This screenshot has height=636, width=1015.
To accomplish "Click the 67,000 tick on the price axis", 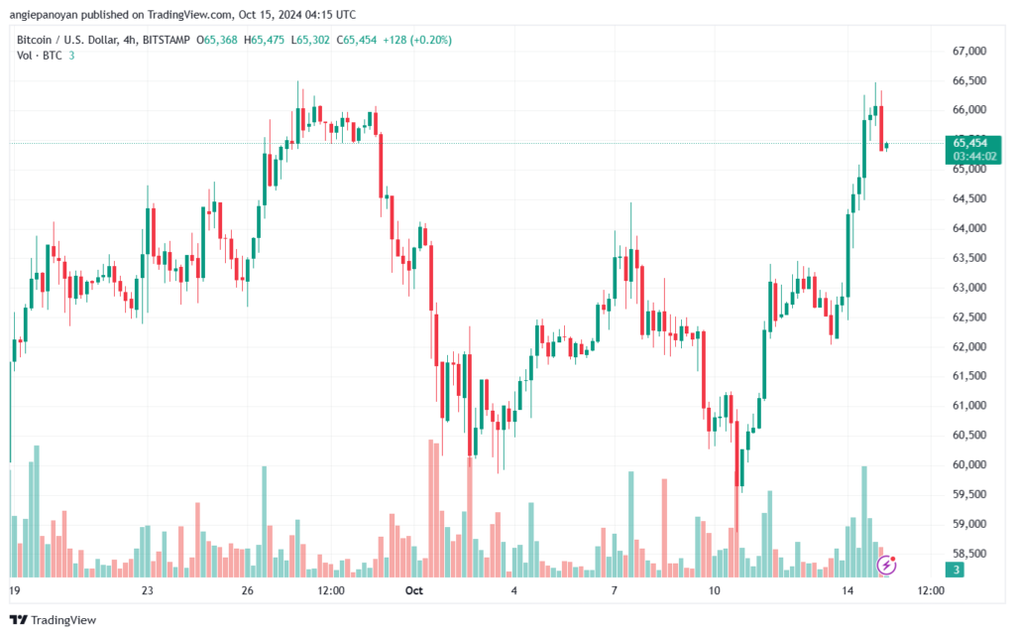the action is pos(969,52).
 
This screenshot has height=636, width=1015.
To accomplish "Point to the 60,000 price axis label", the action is pos(969,464).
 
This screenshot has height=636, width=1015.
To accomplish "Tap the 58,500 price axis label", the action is pos(969,554).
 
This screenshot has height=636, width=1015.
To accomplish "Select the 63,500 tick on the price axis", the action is pos(969,258).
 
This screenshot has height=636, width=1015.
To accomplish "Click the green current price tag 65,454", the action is pos(970,143).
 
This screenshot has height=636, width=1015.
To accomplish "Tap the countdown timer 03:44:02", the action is pos(974,157).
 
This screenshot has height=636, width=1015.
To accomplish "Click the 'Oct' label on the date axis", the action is pos(413,590).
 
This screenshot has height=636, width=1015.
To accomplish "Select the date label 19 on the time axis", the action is pos(15,590).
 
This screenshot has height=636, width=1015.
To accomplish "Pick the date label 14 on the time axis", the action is pos(847,590).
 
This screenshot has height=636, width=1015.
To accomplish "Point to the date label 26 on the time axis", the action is pos(247,590).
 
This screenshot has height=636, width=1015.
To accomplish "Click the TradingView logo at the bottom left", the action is pos(54,620).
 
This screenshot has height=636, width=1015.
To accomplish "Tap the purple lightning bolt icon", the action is pos(886,565).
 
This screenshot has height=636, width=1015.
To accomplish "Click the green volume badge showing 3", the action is pos(955,570).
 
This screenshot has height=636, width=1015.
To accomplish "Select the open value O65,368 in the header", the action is pos(217,40).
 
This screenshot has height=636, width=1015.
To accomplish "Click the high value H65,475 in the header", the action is pos(264,40).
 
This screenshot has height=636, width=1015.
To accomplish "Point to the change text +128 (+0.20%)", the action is pos(417,40).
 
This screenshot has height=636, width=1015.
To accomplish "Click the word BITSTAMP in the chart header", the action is pos(167,40).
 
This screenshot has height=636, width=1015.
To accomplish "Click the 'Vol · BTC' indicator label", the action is pos(40,56).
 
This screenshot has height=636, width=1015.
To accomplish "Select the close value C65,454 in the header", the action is pos(356,40).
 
